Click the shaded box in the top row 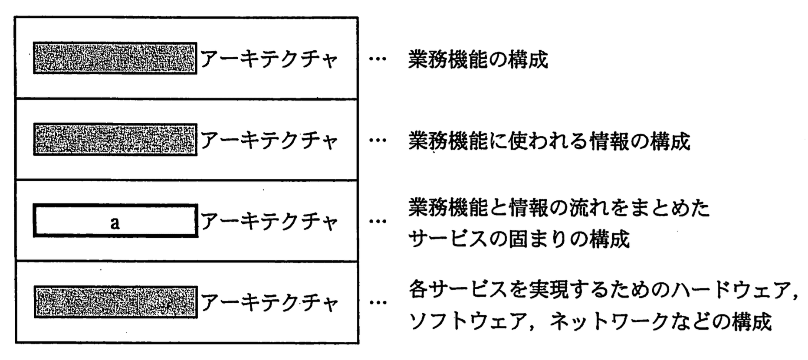click(x=115, y=58)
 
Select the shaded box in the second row click(x=115, y=140)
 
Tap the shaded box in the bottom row click(x=115, y=302)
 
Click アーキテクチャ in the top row click(x=269, y=59)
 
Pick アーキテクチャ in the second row click(x=269, y=141)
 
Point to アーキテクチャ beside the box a click(x=269, y=222)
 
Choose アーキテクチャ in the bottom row click(x=269, y=303)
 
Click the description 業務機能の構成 click(x=478, y=60)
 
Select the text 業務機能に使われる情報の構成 click(x=549, y=141)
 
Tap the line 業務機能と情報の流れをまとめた click(x=559, y=208)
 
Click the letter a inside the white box click(x=115, y=223)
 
